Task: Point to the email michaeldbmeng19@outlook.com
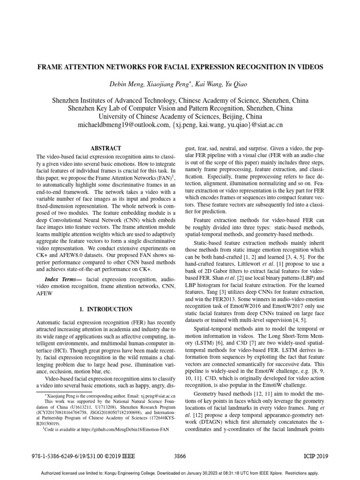115,126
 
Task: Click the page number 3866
180,456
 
